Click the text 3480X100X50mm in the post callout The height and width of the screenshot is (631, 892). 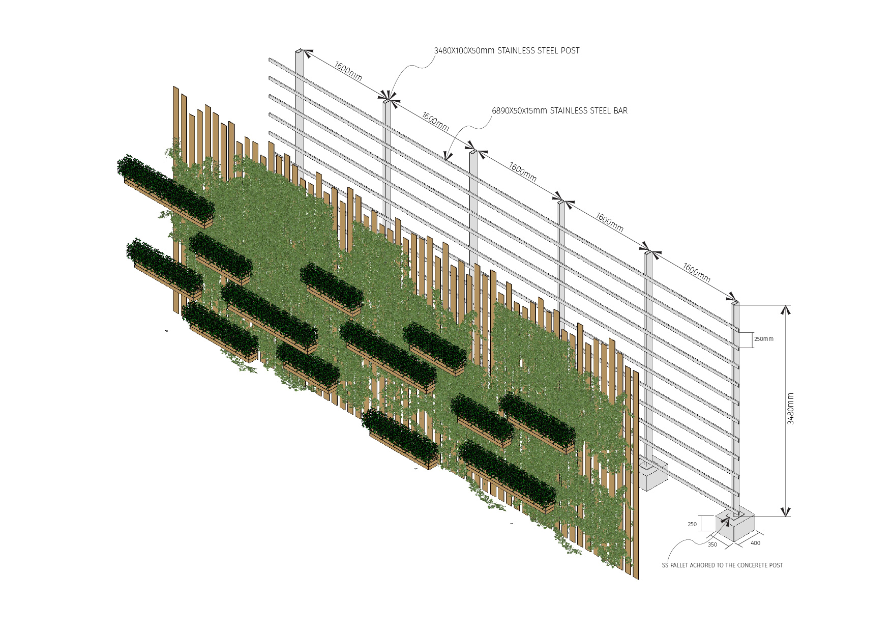pos(464,51)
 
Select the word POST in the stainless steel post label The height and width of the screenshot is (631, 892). pos(570,51)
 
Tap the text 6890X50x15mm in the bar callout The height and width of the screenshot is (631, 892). pos(519,111)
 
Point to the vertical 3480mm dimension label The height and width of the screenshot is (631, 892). pos(790,409)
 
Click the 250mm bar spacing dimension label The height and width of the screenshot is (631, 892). pos(763,339)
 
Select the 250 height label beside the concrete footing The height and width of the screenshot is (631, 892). pos(692,524)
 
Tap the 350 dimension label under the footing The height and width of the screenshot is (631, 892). pos(712,544)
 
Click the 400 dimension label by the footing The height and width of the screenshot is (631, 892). pos(756,543)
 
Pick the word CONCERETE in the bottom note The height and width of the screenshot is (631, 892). pos(752,565)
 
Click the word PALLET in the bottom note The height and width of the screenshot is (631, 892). pos(679,565)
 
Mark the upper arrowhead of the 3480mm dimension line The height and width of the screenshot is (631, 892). pos(786,309)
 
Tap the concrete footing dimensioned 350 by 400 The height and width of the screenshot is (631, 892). pos(736,526)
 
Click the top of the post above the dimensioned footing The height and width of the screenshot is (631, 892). pos(735,303)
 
